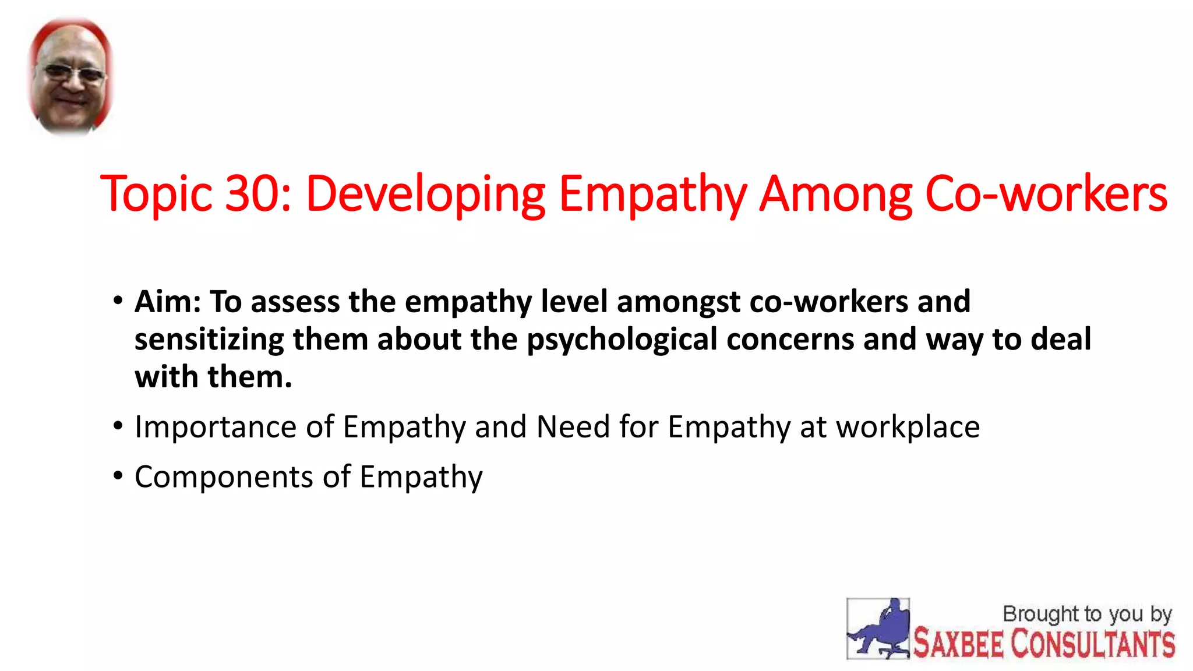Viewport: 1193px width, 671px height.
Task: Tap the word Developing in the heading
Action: [x=425, y=195]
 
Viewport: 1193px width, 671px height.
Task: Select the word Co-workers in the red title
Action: [x=1046, y=194]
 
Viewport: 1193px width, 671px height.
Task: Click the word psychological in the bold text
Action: [x=622, y=340]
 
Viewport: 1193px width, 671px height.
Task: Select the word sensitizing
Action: [x=209, y=340]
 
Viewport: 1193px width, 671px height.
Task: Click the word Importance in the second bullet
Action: [x=216, y=427]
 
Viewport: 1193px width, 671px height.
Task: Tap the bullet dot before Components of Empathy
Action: [x=118, y=476]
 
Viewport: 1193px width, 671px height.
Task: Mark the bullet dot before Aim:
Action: [x=118, y=301]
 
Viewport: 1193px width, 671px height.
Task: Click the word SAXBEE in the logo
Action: [x=958, y=644]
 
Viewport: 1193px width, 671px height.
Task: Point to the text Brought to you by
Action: [x=1087, y=614]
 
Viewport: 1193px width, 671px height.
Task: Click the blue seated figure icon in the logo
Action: [x=878, y=629]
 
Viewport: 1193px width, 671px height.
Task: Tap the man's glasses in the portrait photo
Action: [x=72, y=74]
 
